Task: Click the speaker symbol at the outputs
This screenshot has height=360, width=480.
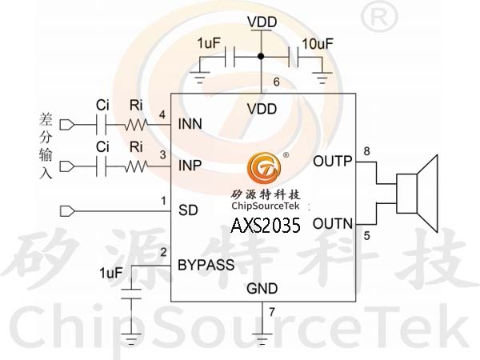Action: pos(417,194)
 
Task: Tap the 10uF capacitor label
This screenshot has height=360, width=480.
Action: pos(318,44)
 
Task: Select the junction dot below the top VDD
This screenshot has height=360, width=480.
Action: pos(261,56)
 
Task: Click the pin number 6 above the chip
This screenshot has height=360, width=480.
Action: pos(277,82)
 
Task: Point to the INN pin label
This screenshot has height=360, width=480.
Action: pos(190,124)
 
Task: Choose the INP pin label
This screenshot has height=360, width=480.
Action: pos(190,166)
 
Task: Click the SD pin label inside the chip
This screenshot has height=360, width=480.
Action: pos(188,210)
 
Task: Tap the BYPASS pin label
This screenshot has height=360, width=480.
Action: pos(206,265)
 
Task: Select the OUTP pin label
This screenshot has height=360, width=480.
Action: pos(333,161)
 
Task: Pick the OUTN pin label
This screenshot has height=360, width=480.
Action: pos(333,223)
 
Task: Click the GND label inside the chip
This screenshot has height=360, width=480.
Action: pos(262,288)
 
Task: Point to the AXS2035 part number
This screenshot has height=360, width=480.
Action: pos(266,226)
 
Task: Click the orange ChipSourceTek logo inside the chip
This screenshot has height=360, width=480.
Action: pos(264,168)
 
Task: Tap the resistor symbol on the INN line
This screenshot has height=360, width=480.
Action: pos(136,125)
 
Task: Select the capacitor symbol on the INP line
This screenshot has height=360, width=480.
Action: pos(102,166)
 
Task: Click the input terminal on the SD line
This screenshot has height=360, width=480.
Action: pos(67,211)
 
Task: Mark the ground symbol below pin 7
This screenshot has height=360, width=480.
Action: pos(262,338)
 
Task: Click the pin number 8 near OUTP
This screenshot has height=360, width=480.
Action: pos(366,151)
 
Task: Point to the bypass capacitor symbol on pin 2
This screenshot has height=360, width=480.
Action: pos(131,294)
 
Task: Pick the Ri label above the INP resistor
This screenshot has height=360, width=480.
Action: pos(136,147)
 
